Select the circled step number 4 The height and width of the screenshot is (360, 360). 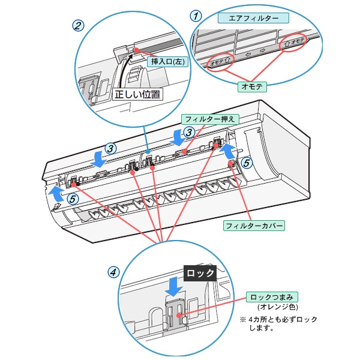pyautogui.click(x=113, y=272)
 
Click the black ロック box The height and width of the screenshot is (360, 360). pyautogui.click(x=200, y=272)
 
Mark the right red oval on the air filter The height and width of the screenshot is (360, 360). pyautogui.click(x=294, y=42)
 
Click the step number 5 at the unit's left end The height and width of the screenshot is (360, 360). pyautogui.click(x=71, y=199)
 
